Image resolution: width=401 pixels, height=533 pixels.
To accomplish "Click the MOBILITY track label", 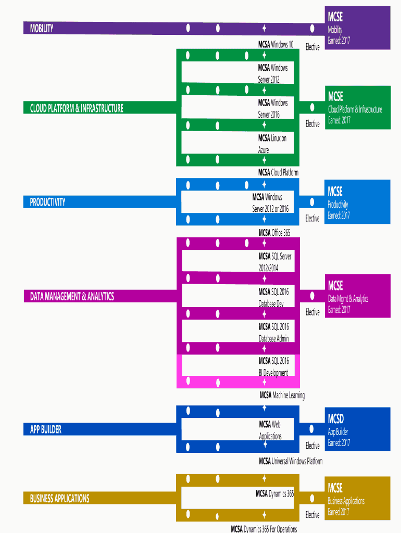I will click(x=42, y=28).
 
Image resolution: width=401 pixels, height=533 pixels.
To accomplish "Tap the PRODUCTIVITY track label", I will click(x=47, y=202).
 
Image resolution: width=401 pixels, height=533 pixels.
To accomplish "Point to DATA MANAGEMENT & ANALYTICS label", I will click(x=72, y=297).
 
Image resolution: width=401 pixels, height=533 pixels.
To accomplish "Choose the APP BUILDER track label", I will click(x=45, y=429).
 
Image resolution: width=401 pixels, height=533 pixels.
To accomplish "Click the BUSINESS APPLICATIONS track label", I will click(x=59, y=498).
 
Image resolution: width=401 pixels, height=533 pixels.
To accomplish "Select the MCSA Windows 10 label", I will click(x=275, y=44).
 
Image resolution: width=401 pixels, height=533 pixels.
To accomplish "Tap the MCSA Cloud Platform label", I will click(x=278, y=172).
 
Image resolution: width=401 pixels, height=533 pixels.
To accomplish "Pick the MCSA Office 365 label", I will click(x=274, y=233).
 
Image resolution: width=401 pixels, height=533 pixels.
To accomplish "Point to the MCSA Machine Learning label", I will click(x=282, y=395).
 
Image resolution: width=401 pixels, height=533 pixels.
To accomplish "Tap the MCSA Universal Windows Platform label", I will click(x=291, y=461).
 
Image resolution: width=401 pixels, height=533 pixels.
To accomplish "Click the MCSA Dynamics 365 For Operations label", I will click(x=264, y=529).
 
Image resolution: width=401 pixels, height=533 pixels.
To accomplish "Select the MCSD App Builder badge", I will click(x=357, y=429).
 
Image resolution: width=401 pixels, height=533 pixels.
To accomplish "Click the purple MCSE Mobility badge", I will click(x=357, y=28).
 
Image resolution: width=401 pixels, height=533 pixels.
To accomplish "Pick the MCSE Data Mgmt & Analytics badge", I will click(x=357, y=296).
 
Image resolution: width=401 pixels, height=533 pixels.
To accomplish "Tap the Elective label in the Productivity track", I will click(x=312, y=218).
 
